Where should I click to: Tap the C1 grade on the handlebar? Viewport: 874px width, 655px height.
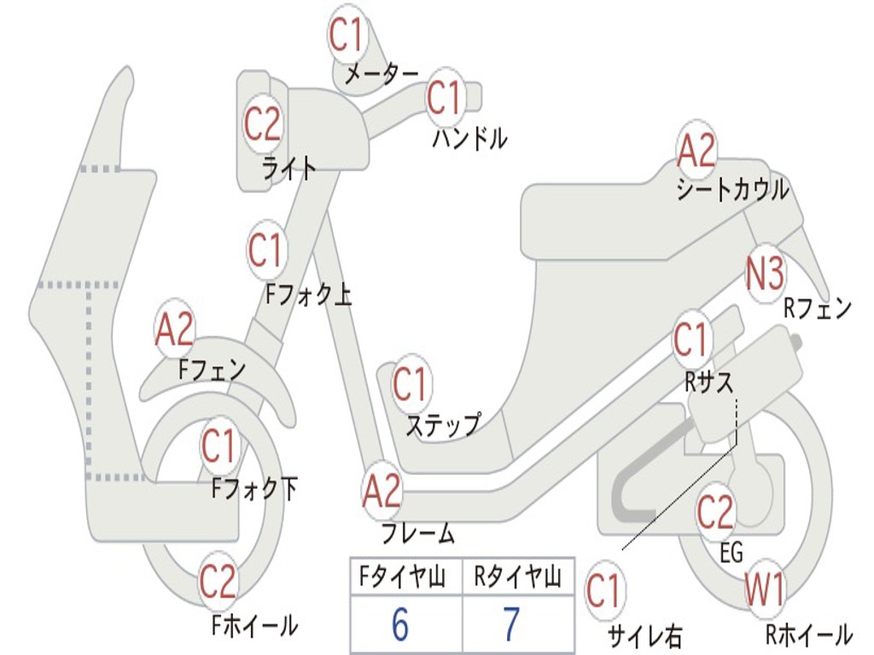444,98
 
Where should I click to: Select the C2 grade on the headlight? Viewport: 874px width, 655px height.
262,125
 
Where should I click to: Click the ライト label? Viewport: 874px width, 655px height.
289,168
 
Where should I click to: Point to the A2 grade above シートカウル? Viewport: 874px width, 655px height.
696,152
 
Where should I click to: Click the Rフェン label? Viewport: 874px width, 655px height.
818,309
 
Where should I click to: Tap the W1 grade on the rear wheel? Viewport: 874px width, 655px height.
764,589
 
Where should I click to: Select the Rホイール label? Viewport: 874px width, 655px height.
807,634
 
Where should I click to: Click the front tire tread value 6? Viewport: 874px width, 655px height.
399,625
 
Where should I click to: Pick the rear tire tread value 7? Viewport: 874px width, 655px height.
511,625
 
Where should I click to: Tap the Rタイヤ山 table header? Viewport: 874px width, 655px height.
517,579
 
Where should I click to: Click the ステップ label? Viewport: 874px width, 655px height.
442,425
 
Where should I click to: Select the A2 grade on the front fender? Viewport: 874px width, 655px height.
175,330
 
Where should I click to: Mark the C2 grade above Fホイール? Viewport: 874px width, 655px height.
218,582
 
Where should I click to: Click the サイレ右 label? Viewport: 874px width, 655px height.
644,635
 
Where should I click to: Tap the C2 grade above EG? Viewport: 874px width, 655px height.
715,512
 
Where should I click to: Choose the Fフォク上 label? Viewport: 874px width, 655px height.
308,295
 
